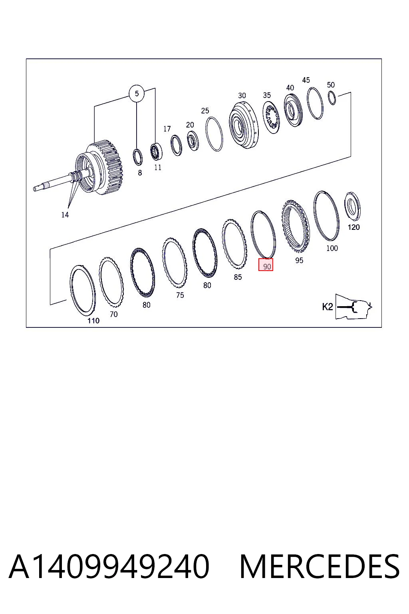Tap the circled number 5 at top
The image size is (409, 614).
pos(137,94)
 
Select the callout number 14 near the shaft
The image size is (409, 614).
pos(65,215)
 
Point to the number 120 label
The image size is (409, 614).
pos(353,227)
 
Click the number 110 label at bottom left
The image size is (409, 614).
pos(93,321)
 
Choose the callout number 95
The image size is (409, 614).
pos(299,260)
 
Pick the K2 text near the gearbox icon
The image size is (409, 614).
pos(328,307)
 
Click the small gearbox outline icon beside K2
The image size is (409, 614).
pos(354,307)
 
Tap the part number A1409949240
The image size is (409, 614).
pos(109,567)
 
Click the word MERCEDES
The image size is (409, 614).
pos(320,567)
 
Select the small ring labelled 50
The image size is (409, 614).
pos(332,98)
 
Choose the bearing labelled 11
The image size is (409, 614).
pos(156,152)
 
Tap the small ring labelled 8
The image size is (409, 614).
pos(137,157)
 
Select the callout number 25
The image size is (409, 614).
pos(205,111)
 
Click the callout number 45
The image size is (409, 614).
pos(306,80)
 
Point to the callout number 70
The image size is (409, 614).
pos(114,315)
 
